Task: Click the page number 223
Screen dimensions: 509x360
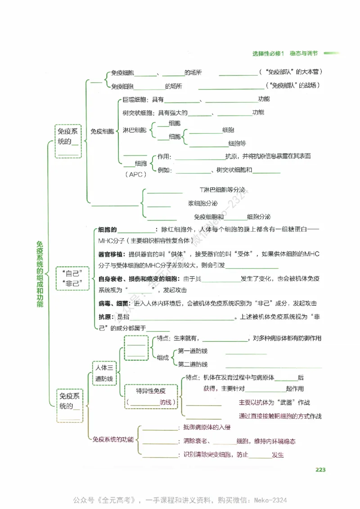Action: pos(320,470)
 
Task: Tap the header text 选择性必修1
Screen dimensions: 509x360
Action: pos(269,54)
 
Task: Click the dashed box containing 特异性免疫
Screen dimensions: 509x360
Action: pos(151,396)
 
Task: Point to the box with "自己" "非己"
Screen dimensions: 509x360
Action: pos(72,278)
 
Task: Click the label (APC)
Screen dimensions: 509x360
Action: pos(135,174)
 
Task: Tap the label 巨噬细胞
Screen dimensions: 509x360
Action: pos(134,99)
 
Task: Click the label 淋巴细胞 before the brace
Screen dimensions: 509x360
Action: pos(134,130)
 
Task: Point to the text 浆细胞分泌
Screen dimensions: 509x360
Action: pos(203,203)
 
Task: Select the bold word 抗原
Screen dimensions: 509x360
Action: pos(104,317)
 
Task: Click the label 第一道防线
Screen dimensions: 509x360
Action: pos(193,351)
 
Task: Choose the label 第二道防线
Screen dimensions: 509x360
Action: pos(193,364)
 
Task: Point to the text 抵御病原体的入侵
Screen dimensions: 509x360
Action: pos(207,427)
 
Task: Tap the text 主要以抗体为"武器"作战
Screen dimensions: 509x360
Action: pos(274,402)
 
